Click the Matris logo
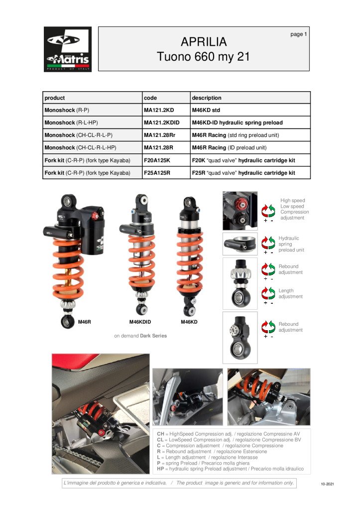click(68, 49)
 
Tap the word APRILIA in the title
click(204, 42)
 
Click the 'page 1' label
click(299, 34)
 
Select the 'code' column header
click(150, 98)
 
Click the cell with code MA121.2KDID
click(162, 123)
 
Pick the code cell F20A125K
click(157, 160)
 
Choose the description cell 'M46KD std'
click(206, 110)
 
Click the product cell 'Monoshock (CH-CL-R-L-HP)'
click(80, 147)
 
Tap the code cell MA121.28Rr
click(160, 135)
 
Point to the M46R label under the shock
click(84, 322)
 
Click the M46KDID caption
click(140, 322)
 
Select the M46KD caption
click(189, 322)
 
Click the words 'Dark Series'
click(153, 336)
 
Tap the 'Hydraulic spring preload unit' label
click(291, 244)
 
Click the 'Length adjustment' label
click(290, 293)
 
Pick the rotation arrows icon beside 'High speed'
click(268, 211)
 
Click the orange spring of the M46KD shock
click(190, 262)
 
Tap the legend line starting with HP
click(230, 469)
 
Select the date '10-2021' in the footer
click(328, 484)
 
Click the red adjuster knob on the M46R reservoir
click(95, 216)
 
